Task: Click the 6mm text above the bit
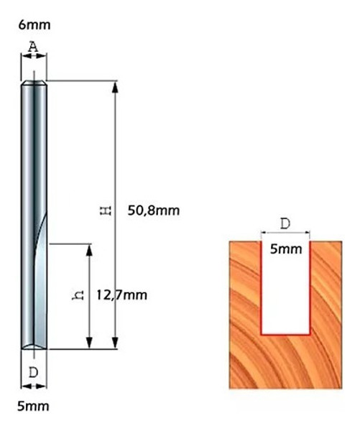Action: [34, 25]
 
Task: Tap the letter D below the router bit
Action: [33, 372]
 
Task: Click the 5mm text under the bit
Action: [33, 407]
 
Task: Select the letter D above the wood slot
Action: [285, 223]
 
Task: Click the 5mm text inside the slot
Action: [285, 250]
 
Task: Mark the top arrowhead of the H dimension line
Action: [114, 86]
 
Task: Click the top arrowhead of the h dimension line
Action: [89, 249]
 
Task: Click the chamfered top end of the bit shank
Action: [34, 83]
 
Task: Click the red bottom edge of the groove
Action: [285, 334]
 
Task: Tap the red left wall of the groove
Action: [260, 287]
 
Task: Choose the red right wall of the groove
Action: [310, 287]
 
